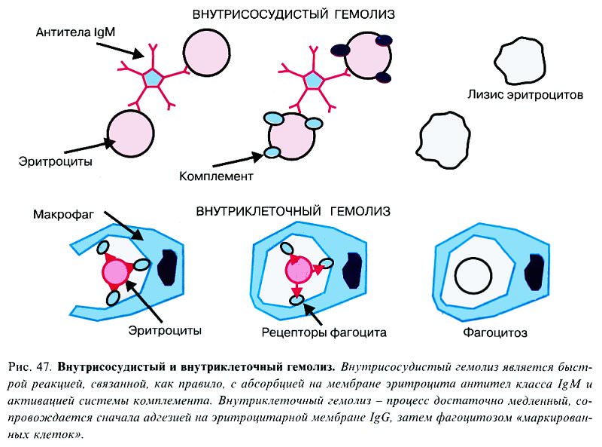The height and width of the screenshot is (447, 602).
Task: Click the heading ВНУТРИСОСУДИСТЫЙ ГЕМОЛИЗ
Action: tap(293, 14)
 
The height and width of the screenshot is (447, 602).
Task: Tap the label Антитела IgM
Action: tap(75, 32)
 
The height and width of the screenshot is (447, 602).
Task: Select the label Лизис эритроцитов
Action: tap(525, 95)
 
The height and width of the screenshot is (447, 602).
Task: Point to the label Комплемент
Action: tap(216, 176)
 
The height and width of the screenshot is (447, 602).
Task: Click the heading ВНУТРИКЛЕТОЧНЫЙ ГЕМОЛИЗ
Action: tap(293, 211)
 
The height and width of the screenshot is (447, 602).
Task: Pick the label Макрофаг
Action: tap(63, 214)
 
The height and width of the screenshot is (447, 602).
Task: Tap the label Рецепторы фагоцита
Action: tap(324, 332)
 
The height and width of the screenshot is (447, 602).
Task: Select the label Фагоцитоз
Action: tap(495, 332)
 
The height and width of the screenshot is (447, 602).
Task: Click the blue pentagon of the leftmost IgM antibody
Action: tap(153, 78)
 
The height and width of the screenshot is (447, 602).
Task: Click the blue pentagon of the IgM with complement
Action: tap(314, 81)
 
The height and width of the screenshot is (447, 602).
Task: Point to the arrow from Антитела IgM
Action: tap(120, 50)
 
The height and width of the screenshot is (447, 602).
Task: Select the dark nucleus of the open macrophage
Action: tap(168, 267)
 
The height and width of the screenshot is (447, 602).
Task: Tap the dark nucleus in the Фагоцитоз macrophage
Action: tap(536, 271)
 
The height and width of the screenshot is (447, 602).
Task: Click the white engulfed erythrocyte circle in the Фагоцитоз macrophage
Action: tap(473, 276)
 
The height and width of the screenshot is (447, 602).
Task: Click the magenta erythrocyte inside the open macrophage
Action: tap(115, 272)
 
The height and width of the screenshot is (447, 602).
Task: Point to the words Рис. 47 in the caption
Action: tap(29, 367)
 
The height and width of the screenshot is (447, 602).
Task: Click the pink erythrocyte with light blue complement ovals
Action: tap(292, 136)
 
